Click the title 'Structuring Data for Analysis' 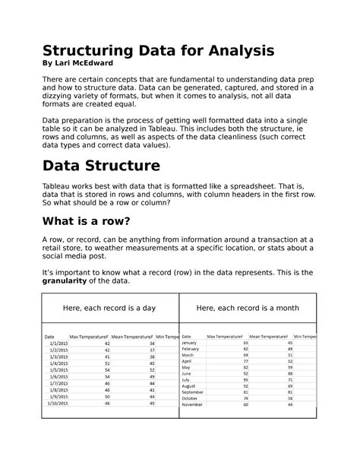(158, 51)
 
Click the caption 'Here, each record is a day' (109, 307)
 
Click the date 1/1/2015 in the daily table (58, 344)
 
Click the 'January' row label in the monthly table (190, 343)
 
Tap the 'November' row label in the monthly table (193, 404)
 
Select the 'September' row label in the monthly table (194, 392)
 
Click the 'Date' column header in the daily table (49, 336)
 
